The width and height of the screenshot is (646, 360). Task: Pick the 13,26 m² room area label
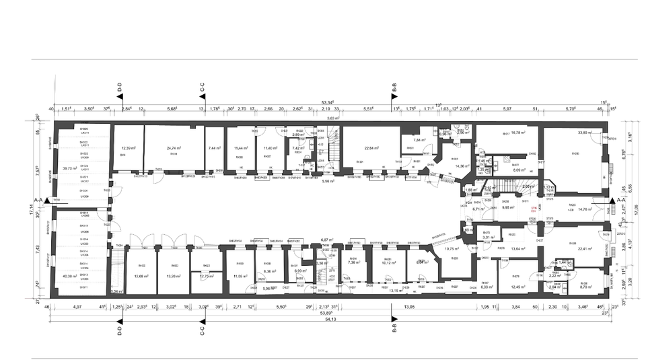[x=174, y=275]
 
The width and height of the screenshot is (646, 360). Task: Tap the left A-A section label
[x=38, y=201]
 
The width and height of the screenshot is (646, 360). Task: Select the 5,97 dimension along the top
[x=507, y=108]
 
